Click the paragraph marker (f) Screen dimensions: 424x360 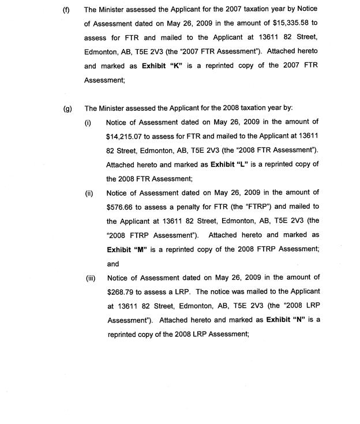[66, 10]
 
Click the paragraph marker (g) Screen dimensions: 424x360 [67, 108]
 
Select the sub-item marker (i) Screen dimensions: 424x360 [88, 122]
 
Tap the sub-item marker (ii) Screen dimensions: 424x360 [89, 193]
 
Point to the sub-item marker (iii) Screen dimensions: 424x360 [90, 277]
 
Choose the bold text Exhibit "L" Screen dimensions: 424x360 [230, 164]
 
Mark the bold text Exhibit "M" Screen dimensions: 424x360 [126, 249]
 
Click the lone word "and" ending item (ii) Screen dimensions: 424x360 [113, 264]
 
